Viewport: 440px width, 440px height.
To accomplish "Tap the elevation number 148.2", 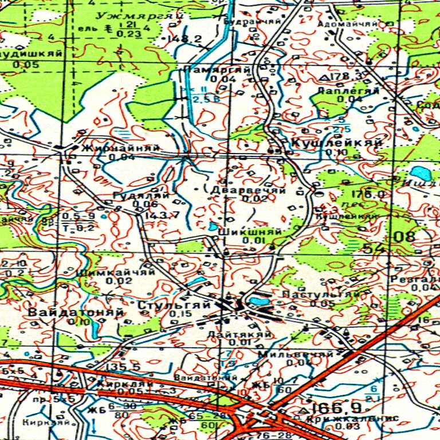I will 184,39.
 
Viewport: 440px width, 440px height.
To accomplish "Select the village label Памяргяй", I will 218,69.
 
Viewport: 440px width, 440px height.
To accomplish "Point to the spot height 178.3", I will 347,76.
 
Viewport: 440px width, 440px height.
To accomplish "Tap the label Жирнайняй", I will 121,148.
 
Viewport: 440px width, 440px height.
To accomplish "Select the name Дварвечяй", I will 248,190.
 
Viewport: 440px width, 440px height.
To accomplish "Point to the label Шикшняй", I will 250,231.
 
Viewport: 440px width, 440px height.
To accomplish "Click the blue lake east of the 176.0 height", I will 420,172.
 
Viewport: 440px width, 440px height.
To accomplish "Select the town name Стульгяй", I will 174,305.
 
